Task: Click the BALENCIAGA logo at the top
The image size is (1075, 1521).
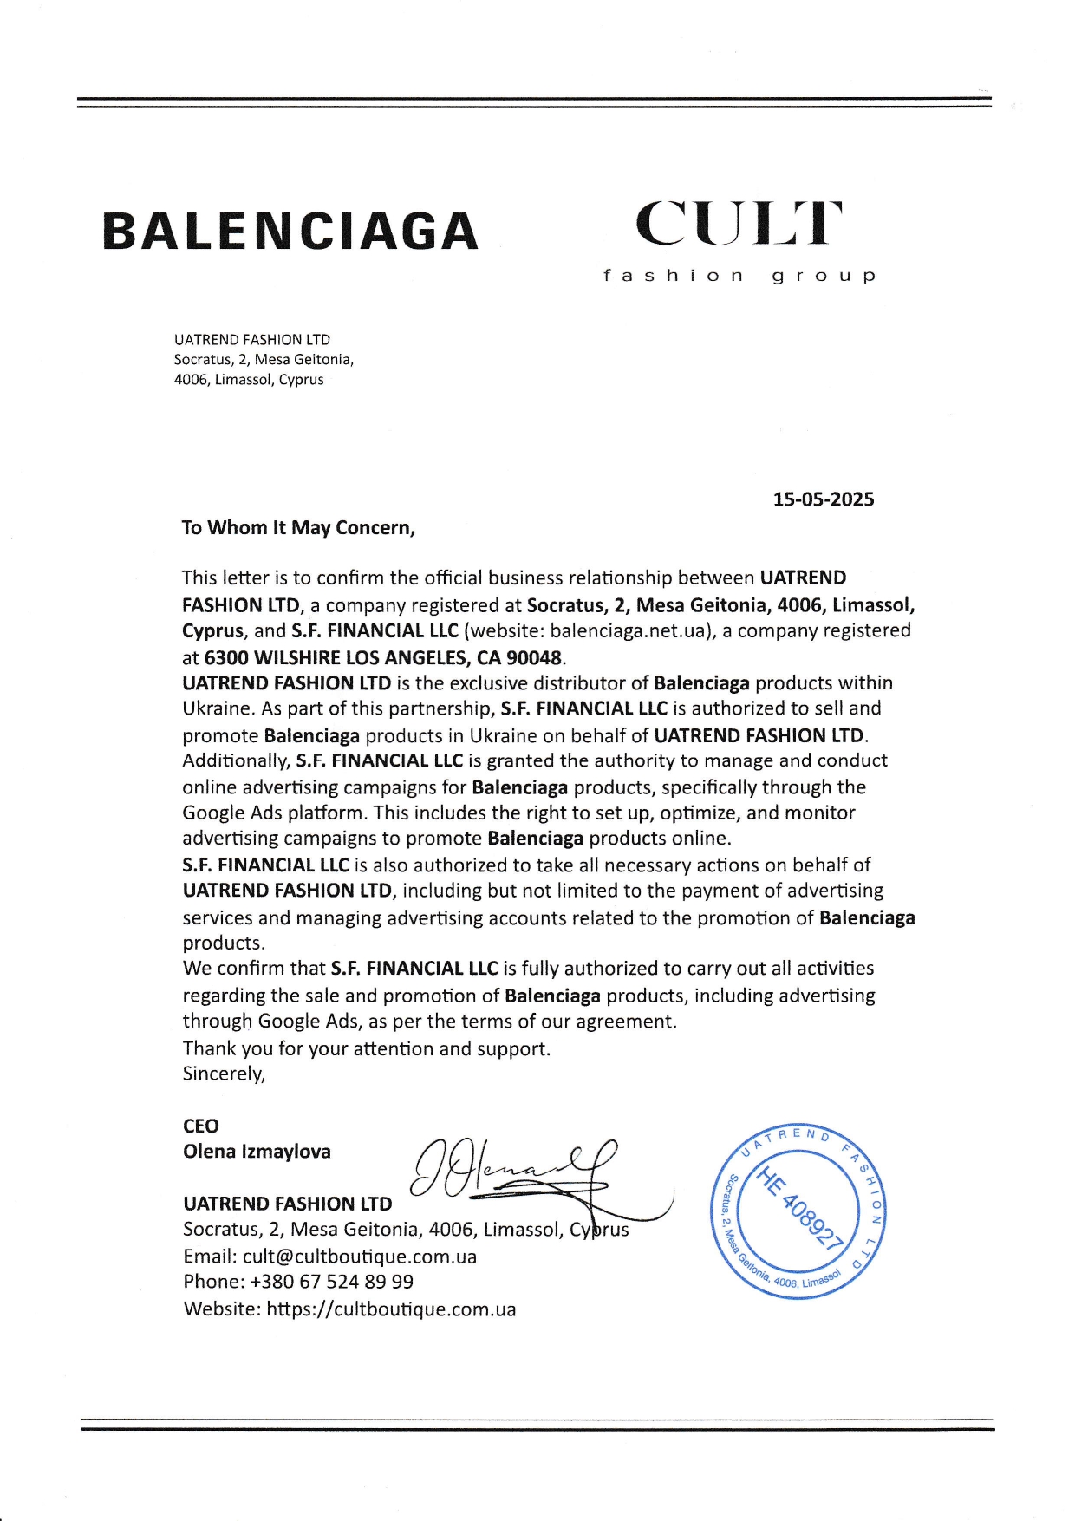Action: click(290, 231)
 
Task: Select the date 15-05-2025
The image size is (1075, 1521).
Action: click(823, 499)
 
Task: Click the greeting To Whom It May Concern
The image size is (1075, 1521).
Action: click(298, 528)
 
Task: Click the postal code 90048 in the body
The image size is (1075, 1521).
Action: click(534, 657)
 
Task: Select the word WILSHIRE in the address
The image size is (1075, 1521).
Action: click(297, 657)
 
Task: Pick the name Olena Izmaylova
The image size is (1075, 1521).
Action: click(257, 1152)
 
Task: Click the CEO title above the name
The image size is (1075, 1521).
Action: click(201, 1126)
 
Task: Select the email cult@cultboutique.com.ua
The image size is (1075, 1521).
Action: click(360, 1257)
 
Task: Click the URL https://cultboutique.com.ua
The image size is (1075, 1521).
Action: click(391, 1309)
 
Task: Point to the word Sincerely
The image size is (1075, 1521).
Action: click(224, 1074)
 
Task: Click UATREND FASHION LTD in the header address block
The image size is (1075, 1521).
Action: click(251, 340)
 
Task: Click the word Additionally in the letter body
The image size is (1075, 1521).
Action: click(236, 760)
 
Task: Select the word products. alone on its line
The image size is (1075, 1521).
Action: click(224, 943)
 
